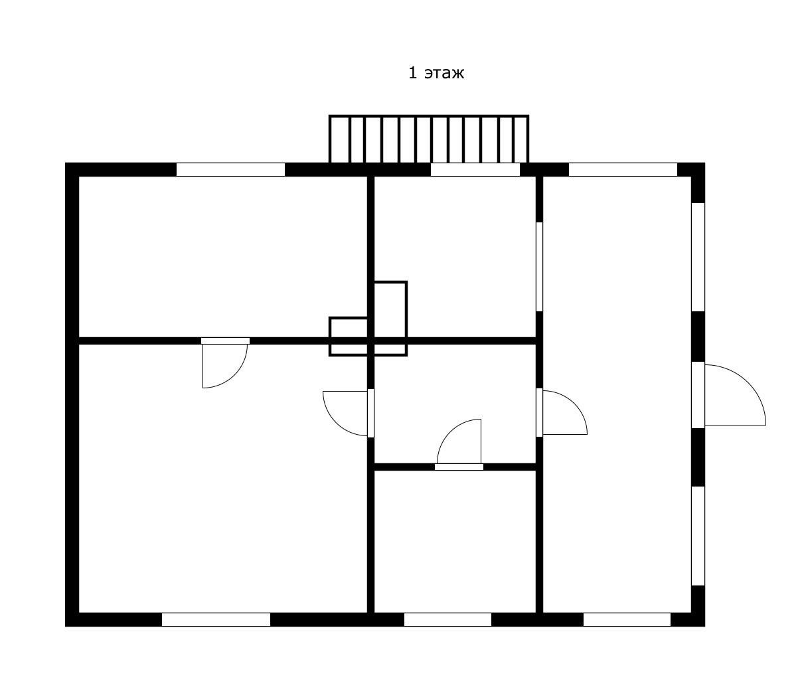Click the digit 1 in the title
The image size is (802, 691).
412,73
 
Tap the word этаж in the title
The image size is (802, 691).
444,74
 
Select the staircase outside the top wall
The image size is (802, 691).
429,139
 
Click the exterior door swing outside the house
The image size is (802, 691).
734,394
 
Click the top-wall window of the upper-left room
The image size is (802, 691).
230,169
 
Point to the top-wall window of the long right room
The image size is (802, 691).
623,169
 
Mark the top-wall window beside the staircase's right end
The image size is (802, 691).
475,169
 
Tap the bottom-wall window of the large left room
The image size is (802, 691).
216,619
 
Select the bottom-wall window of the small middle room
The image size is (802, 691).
447,619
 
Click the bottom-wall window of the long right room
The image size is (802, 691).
627,619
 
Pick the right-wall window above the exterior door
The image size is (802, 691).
698,257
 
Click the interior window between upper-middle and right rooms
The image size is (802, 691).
539,267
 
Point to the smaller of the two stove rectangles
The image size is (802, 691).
349,337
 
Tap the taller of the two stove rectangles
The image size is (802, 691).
390,318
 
